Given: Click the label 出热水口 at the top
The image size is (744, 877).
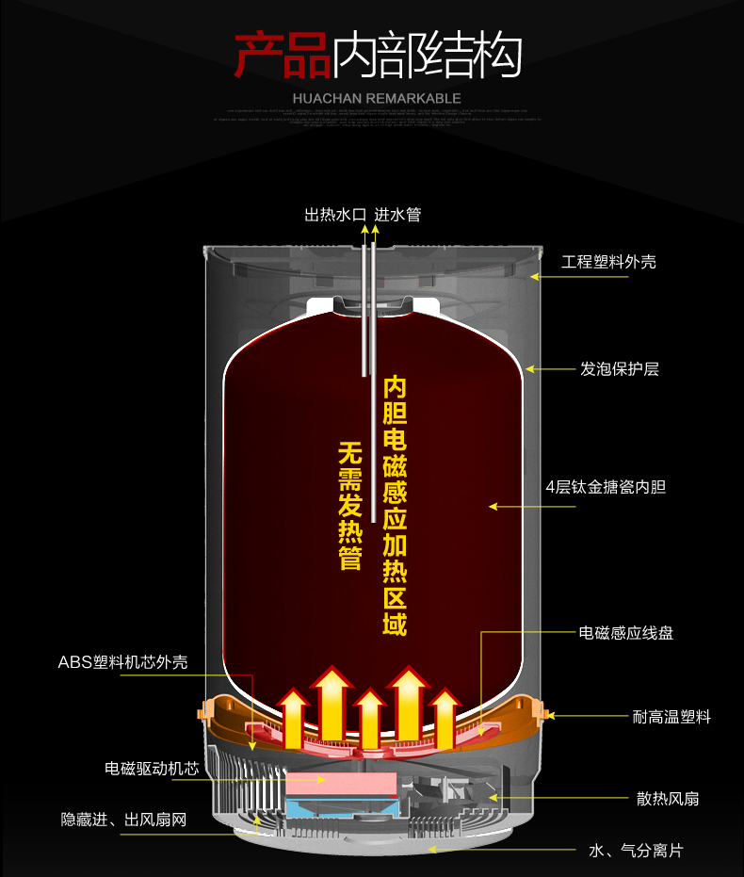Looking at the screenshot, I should pyautogui.click(x=334, y=215).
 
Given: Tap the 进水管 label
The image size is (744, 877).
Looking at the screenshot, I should pyautogui.click(x=397, y=215).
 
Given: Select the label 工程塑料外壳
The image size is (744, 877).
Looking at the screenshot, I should pyautogui.click(x=608, y=262).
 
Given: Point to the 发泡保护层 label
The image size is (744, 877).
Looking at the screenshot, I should pyautogui.click(x=619, y=369).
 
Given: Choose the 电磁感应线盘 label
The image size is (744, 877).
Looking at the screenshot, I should pyautogui.click(x=626, y=634).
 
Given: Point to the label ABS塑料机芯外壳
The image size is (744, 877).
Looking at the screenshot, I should pyautogui.click(x=122, y=661).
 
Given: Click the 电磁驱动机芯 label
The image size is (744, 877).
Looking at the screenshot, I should pyautogui.click(x=152, y=769).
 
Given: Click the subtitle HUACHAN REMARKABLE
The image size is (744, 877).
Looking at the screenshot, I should pyautogui.click(x=377, y=98).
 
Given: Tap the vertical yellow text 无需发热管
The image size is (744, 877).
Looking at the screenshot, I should pyautogui.click(x=349, y=505).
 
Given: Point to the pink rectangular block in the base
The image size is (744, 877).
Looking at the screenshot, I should pyautogui.click(x=341, y=781).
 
